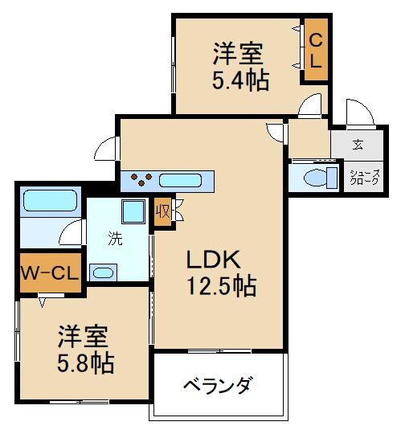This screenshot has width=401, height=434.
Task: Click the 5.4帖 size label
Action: pos(240,80)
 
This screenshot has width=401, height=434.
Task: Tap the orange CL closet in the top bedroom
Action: pos(315,49)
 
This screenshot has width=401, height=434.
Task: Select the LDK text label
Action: pos(213,260)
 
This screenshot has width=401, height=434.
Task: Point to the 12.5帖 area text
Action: pos(222,287)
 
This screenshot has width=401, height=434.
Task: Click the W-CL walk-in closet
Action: pos(49,272)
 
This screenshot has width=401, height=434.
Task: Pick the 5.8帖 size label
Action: pos(84,362)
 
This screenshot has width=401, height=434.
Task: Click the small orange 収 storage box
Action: pos(162,212)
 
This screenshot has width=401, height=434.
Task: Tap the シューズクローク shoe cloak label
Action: pos(363,177)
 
